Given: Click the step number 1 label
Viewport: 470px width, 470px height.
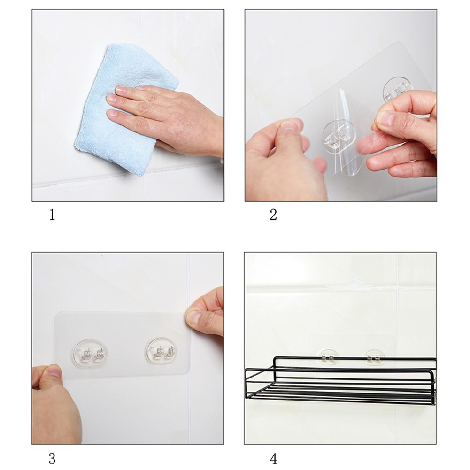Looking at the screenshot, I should tap(52, 216).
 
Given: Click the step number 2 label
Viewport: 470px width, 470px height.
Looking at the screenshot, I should tap(273, 216).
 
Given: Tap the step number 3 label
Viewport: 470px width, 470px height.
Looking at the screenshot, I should tap(52, 458).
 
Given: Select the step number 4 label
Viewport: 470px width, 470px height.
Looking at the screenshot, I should tap(273, 458).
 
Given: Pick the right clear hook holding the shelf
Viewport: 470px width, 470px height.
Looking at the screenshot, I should tap(374, 358).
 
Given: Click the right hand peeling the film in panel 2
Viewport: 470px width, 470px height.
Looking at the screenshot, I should tap(404, 136).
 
